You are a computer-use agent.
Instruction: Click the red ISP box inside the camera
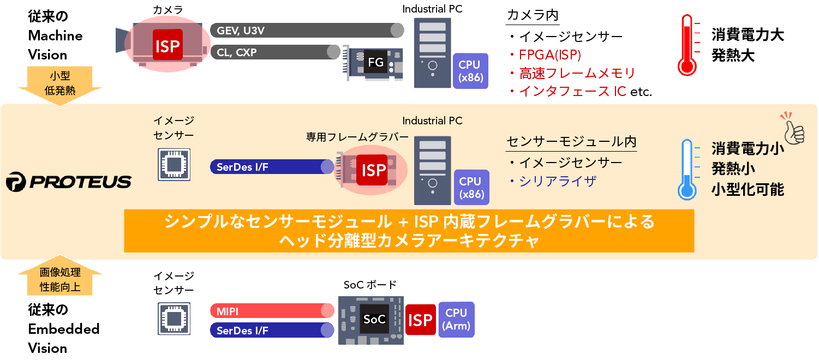[167, 45]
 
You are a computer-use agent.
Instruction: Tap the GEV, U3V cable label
[241, 31]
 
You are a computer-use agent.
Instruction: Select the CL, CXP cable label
[236, 52]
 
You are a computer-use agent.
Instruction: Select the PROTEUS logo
[69, 182]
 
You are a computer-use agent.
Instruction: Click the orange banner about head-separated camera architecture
[409, 231]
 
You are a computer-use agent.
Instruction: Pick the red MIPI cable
[271, 311]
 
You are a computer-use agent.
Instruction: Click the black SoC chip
[375, 319]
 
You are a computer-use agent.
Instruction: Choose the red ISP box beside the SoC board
[420, 320]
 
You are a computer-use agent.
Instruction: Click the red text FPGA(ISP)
[549, 55]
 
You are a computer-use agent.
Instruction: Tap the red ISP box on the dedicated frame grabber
[374, 170]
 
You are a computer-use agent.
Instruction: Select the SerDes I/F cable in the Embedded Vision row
[271, 330]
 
